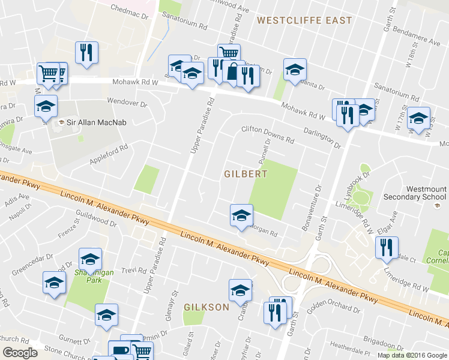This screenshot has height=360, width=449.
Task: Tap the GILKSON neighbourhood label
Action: coord(206,307)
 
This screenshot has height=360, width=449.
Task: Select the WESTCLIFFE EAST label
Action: coord(304,20)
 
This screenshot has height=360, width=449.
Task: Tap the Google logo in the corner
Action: coord(20,353)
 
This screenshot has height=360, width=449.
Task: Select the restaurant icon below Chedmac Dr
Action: coord(86,52)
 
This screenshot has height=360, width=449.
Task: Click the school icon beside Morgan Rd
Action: coord(241,215)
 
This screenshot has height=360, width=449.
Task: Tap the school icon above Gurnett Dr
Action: coord(107,314)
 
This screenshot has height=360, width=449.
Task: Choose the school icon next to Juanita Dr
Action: coord(295,70)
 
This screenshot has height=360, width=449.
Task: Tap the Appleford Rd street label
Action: coord(109,155)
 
